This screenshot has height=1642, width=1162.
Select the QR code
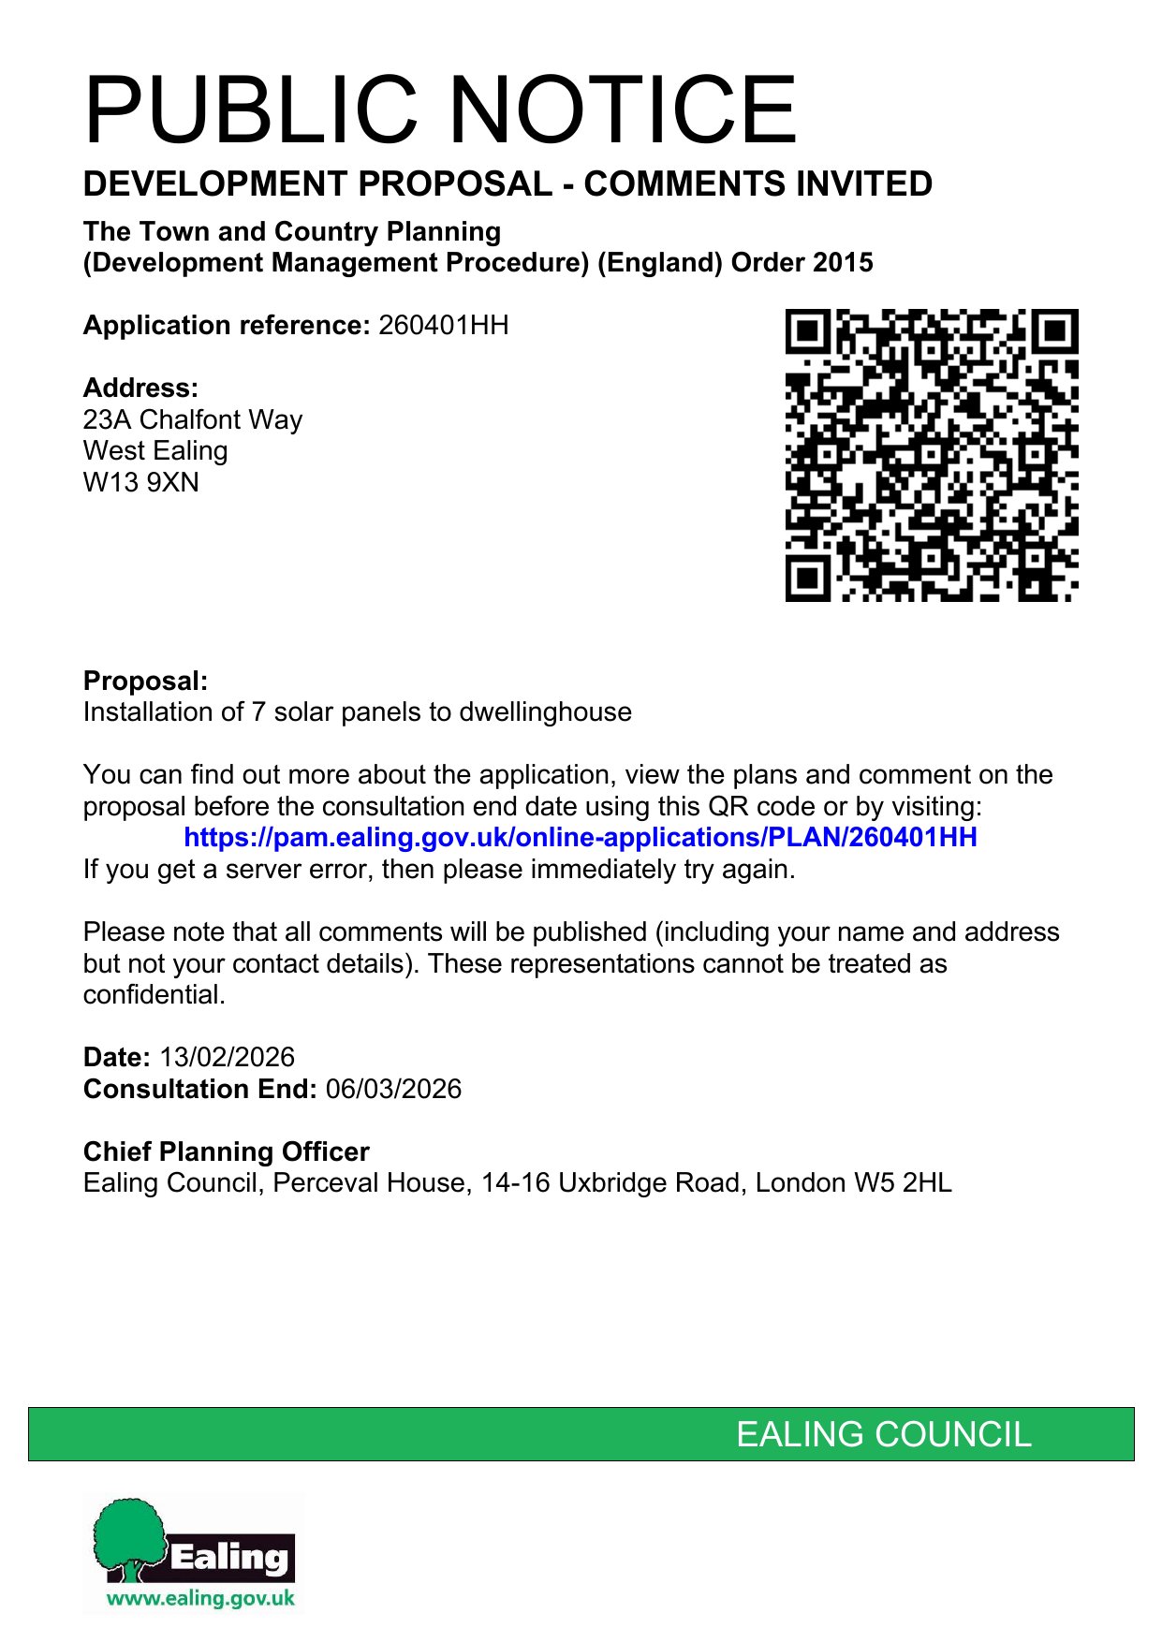(x=931, y=455)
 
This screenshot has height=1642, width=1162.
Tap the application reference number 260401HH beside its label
(x=444, y=326)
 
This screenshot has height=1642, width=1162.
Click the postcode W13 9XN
(x=141, y=483)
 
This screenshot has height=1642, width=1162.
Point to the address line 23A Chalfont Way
(x=193, y=419)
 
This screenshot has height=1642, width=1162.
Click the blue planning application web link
(x=581, y=838)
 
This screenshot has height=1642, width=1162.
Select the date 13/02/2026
(x=227, y=1058)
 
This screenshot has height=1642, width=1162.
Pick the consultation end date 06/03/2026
(x=393, y=1090)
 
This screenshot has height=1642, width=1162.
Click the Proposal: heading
(x=145, y=682)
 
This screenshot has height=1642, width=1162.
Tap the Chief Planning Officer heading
(x=227, y=1152)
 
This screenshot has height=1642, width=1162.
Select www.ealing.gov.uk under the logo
(x=200, y=1599)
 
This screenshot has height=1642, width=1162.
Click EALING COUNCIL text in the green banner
(x=883, y=1435)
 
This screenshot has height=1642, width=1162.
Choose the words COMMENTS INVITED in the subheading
(x=758, y=184)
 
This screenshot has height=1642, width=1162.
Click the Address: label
(x=140, y=389)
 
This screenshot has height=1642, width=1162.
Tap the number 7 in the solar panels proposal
(x=258, y=712)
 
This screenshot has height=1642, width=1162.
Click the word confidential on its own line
(x=154, y=995)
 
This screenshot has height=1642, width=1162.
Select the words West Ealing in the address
(x=155, y=451)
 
